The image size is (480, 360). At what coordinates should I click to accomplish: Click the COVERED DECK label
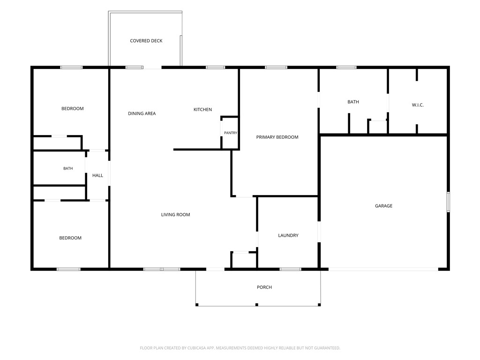(146, 41)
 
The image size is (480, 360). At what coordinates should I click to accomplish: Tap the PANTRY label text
(231, 133)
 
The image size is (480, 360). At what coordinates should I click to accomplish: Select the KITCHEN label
(202, 110)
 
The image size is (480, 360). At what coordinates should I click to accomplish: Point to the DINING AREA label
(142, 113)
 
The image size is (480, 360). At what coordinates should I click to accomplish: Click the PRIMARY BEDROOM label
(277, 137)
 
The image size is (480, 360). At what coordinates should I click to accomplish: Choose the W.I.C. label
(418, 105)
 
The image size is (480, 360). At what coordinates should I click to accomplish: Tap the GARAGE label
(383, 206)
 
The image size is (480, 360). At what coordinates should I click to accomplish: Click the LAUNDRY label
(288, 235)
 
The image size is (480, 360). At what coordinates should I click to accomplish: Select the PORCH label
(264, 287)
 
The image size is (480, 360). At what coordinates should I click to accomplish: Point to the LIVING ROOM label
(175, 215)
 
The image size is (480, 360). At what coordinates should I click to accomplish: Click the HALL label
(97, 175)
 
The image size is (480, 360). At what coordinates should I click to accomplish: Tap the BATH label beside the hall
(68, 168)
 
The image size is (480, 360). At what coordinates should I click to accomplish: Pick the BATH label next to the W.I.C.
(353, 102)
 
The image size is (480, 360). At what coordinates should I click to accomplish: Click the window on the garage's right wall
(448, 202)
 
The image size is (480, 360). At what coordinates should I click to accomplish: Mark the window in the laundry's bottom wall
(291, 270)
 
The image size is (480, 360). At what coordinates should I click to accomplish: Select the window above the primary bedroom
(276, 67)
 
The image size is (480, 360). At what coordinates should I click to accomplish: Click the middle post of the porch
(257, 305)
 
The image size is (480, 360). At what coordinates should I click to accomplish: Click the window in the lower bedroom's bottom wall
(68, 270)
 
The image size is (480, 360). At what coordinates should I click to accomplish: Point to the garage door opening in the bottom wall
(383, 270)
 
